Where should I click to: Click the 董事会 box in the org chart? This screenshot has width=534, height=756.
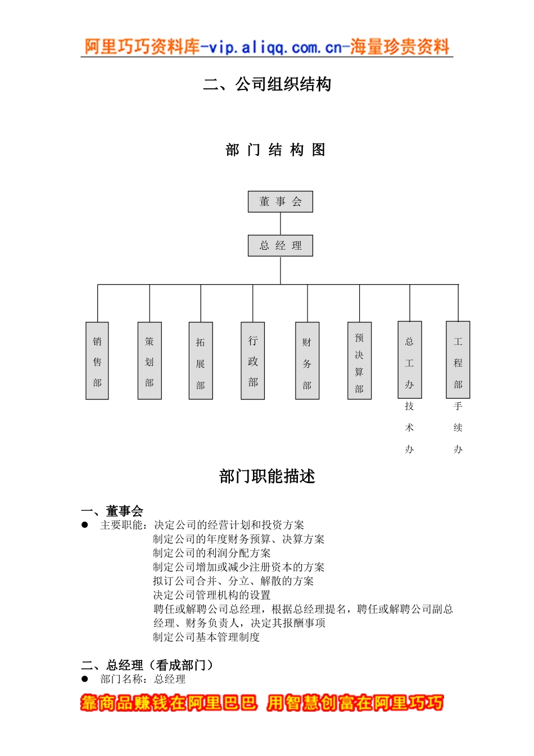280,201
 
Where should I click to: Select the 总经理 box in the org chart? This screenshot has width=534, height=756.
280,245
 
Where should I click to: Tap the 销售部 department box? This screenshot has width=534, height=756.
97,361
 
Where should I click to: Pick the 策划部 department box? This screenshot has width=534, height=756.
150,361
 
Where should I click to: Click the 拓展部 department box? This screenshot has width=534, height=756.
201,361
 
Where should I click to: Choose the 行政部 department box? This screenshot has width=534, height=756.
252,361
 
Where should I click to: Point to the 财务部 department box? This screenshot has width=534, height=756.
307,361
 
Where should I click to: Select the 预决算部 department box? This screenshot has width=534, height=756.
359,361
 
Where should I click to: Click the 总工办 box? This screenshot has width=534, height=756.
409,359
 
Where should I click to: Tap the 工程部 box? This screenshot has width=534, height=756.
458,359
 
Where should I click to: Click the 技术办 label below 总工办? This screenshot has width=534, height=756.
409,427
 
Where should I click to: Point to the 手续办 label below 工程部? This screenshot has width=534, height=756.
458,427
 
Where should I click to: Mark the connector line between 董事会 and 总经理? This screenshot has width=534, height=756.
280,223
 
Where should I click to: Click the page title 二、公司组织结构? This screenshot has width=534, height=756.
267,84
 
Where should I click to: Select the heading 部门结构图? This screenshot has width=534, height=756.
275,150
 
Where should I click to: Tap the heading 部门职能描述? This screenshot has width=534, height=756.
267,476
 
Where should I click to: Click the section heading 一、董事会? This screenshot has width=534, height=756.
112,511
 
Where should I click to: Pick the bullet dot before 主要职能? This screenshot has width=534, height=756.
85,524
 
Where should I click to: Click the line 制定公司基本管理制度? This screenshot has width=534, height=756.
206,637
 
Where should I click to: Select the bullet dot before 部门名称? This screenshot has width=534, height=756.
85,678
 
